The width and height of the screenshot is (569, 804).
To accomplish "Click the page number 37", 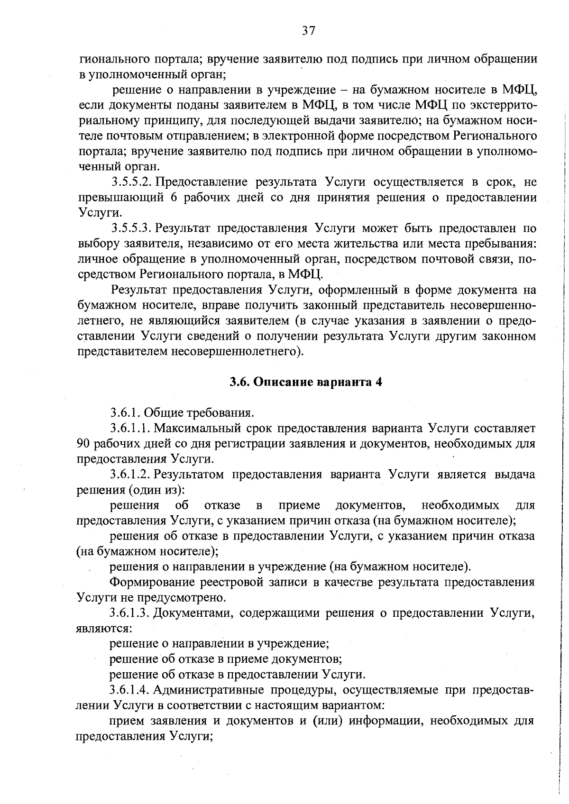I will pos(308,31).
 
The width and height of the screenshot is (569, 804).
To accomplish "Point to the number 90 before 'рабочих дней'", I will pos(83,444).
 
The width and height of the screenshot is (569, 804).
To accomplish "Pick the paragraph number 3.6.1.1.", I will pos(130,429).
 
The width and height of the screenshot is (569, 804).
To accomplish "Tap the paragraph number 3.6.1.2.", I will pos(130,475).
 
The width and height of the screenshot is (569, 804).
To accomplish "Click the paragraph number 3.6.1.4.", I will pos(130,690).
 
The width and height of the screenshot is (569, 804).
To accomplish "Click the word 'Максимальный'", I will pos(195,429).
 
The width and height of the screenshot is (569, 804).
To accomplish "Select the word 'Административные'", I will pos(211,690).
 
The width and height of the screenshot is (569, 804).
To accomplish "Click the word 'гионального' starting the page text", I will pos(109,59).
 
